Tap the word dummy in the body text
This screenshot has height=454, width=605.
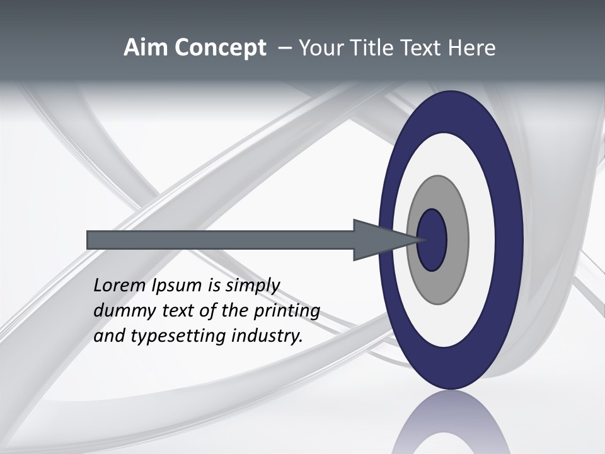click(x=118, y=311)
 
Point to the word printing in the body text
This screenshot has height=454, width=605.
click(x=286, y=311)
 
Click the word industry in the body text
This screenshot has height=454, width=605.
click(x=267, y=336)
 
